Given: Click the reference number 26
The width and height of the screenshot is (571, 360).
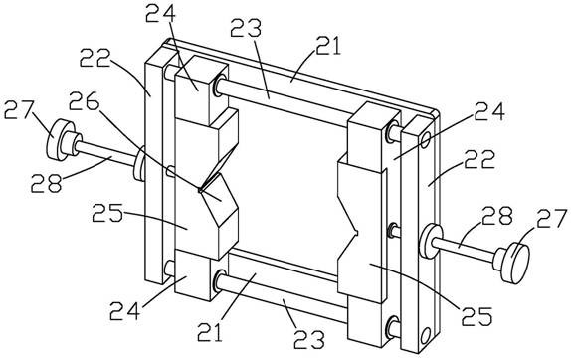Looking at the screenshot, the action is click(85, 100).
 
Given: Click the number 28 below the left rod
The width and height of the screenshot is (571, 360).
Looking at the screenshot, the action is click(46, 183).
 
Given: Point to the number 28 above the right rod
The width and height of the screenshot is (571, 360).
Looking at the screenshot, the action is click(497, 216).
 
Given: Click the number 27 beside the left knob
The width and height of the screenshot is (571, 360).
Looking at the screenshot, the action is click(19, 109).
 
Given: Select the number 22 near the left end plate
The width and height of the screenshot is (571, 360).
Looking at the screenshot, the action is click(95, 58).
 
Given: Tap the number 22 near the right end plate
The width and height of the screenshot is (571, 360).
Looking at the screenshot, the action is click(479, 159).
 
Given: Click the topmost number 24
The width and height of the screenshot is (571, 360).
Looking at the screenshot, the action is click(160, 13).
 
